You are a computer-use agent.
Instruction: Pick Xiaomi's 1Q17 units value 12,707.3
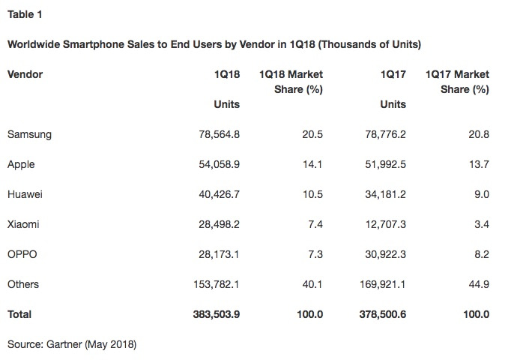382,224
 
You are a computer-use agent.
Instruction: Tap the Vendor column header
25,74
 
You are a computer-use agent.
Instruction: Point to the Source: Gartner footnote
72,344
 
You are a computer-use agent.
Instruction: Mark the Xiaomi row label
23,224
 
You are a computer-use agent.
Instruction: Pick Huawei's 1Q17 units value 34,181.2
382,194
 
